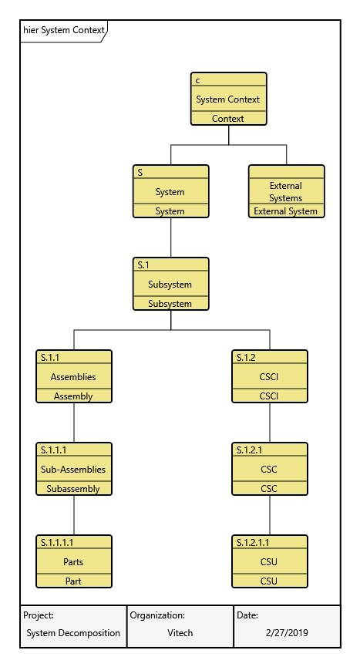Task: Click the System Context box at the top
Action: (x=228, y=99)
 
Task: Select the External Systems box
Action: (x=286, y=191)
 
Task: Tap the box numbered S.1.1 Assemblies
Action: (x=74, y=377)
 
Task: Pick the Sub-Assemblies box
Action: (x=74, y=470)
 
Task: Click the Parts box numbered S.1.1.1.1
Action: (x=74, y=562)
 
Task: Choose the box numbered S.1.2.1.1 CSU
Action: (x=269, y=562)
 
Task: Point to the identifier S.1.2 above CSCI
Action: (x=244, y=357)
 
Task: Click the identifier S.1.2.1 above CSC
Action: (x=247, y=450)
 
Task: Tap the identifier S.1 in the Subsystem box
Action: (x=143, y=264)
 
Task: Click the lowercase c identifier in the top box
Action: (x=198, y=80)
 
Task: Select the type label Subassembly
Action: (x=73, y=489)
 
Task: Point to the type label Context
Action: (x=228, y=119)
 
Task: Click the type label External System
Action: (x=286, y=211)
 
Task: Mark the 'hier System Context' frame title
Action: (x=63, y=30)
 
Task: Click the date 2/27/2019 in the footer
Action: (x=286, y=633)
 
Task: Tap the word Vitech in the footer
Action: (x=180, y=633)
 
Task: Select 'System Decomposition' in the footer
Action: (x=73, y=633)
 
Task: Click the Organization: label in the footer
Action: (x=157, y=615)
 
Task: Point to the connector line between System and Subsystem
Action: (x=171, y=237)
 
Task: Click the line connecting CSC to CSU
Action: (x=270, y=515)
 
